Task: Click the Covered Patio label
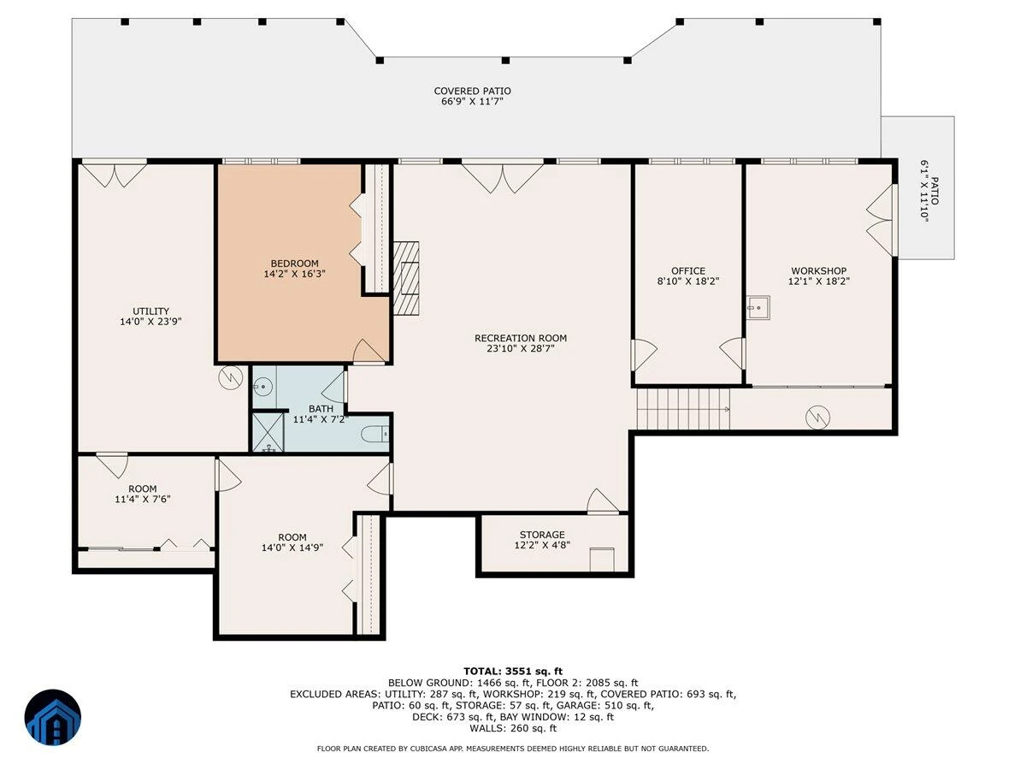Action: pos(472,91)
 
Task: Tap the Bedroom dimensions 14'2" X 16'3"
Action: pos(294,274)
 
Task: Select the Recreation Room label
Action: pos(521,338)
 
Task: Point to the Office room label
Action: pos(688,270)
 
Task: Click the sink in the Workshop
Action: pos(758,307)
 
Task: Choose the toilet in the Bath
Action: pos(374,435)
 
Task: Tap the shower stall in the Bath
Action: pos(268,432)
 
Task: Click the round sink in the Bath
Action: pos(262,386)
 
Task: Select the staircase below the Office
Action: pos(683,409)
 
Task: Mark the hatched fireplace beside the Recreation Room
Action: pos(406,278)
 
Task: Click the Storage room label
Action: pos(542,535)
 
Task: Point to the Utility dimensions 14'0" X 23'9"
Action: pos(150,322)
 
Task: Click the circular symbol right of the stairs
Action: pos(818,417)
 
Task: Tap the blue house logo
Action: pos(53,717)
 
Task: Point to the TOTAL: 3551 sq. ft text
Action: pos(513,672)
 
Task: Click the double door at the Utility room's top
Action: pos(115,174)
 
